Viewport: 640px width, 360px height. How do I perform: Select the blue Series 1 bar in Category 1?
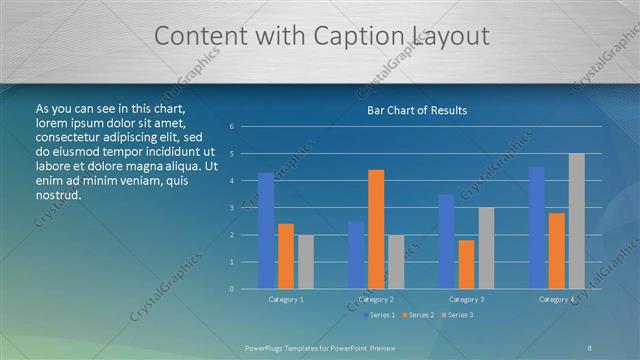266,231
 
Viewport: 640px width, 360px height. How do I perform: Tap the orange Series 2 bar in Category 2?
376,229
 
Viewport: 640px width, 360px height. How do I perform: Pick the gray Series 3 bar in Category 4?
576,221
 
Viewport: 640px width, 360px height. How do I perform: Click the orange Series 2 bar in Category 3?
466,264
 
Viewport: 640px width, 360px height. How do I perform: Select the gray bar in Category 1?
306,262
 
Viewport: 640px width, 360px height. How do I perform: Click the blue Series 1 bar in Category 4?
536,228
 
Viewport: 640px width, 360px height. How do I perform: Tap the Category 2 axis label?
375,299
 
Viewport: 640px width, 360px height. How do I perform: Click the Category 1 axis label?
286,299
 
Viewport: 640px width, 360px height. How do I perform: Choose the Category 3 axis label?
466,299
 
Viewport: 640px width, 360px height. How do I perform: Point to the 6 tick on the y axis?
232,127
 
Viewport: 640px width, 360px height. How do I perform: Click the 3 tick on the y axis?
232,208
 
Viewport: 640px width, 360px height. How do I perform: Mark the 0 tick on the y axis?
232,289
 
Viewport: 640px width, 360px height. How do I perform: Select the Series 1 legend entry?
377,315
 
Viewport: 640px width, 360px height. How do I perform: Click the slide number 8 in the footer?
590,347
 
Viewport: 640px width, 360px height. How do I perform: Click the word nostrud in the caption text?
58,195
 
